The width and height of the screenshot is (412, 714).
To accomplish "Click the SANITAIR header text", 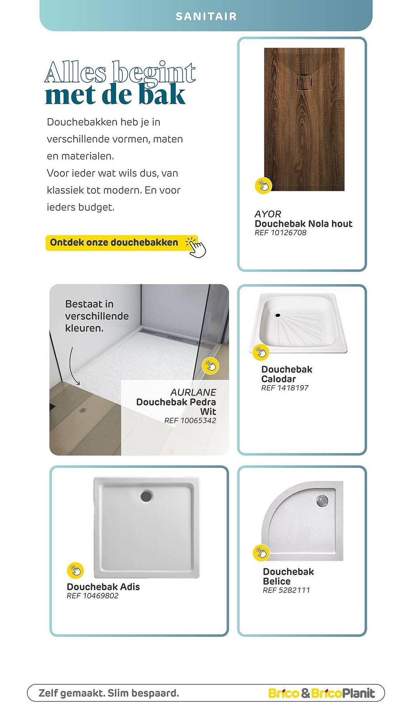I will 206,16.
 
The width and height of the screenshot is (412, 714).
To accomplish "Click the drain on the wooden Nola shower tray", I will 304,82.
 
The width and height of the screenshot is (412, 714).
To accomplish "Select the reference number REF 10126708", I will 280,233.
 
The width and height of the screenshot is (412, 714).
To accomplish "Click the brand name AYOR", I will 268,214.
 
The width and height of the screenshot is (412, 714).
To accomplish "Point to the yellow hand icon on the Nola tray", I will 263,186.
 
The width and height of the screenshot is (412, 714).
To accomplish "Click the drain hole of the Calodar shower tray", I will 278,315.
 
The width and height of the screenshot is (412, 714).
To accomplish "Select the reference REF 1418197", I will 285,388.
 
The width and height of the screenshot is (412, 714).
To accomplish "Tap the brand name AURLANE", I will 193,392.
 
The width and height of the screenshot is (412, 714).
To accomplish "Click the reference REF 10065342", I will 190,421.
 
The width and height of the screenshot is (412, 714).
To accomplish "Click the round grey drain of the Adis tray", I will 146,496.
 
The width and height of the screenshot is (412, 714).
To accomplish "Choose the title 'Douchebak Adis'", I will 103,587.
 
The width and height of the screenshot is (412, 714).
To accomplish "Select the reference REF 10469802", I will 92,596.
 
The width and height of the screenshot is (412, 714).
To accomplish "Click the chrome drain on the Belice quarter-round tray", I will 322,501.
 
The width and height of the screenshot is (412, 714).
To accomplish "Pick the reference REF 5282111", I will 286,590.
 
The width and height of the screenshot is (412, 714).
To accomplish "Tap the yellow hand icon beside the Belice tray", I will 261,553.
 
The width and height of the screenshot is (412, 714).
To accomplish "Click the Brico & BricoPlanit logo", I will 321,693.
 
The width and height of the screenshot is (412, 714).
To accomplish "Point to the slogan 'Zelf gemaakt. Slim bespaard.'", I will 109,693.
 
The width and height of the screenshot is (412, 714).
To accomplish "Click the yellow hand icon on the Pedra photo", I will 210,366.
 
